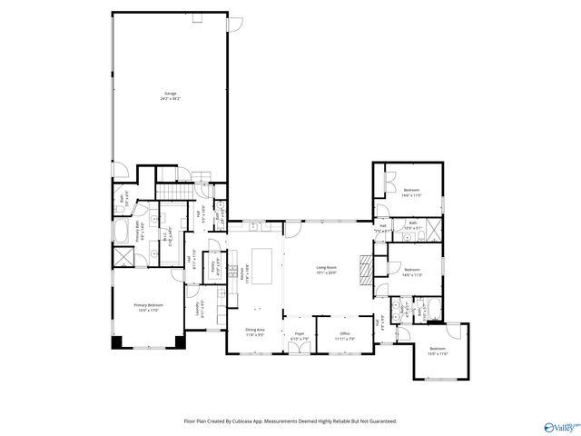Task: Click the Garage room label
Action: (170, 94)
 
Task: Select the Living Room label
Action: (327, 267)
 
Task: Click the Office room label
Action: (345, 333)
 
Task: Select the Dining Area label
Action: (254, 330)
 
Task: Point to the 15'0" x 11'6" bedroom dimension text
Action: (438, 354)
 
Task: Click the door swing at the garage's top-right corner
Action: (236, 22)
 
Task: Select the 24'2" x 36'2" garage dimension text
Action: (170, 99)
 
